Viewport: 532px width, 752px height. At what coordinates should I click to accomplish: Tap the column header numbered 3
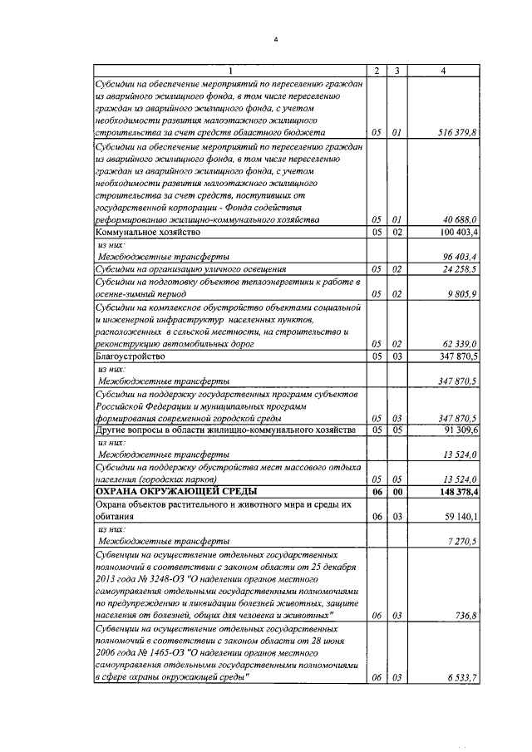[397, 71]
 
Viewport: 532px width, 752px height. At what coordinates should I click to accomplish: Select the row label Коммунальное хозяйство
[145, 232]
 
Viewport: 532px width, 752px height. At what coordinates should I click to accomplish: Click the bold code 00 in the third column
[397, 492]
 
